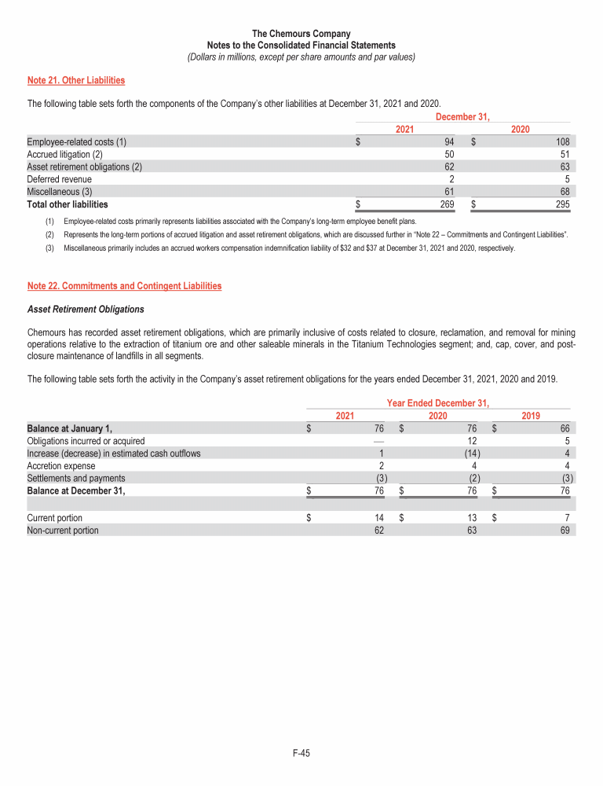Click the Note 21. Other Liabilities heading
point(76,80)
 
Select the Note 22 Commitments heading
point(124,286)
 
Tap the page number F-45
point(301,753)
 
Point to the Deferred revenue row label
point(59,179)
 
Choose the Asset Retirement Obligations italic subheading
point(86,309)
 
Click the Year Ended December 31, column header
point(438,403)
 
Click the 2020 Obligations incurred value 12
point(475,440)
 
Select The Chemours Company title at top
point(301,34)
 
